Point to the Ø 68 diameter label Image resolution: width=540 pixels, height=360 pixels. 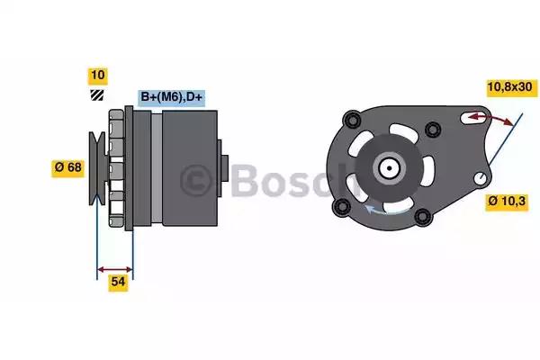pyautogui.click(x=68, y=166)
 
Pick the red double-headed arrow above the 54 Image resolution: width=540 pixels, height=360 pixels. pyautogui.click(x=115, y=267)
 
